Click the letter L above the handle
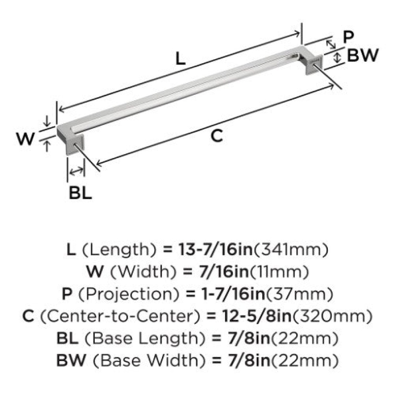pos(180,59)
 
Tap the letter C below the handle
pos(217,136)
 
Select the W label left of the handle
pos(26,139)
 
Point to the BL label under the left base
pos(80,193)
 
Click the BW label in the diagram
pos(363,55)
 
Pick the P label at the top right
pos(349,37)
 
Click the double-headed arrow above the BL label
pos(77,171)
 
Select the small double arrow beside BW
pos(337,57)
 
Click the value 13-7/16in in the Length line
pos(216,249)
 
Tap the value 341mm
pos(291,250)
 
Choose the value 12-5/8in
pos(256,316)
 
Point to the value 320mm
pos(332,316)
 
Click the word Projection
pos(129,294)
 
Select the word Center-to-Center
pos(120,316)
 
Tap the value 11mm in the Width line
pos(279,272)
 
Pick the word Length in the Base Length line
pos(168,339)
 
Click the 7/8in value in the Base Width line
pos(249,360)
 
